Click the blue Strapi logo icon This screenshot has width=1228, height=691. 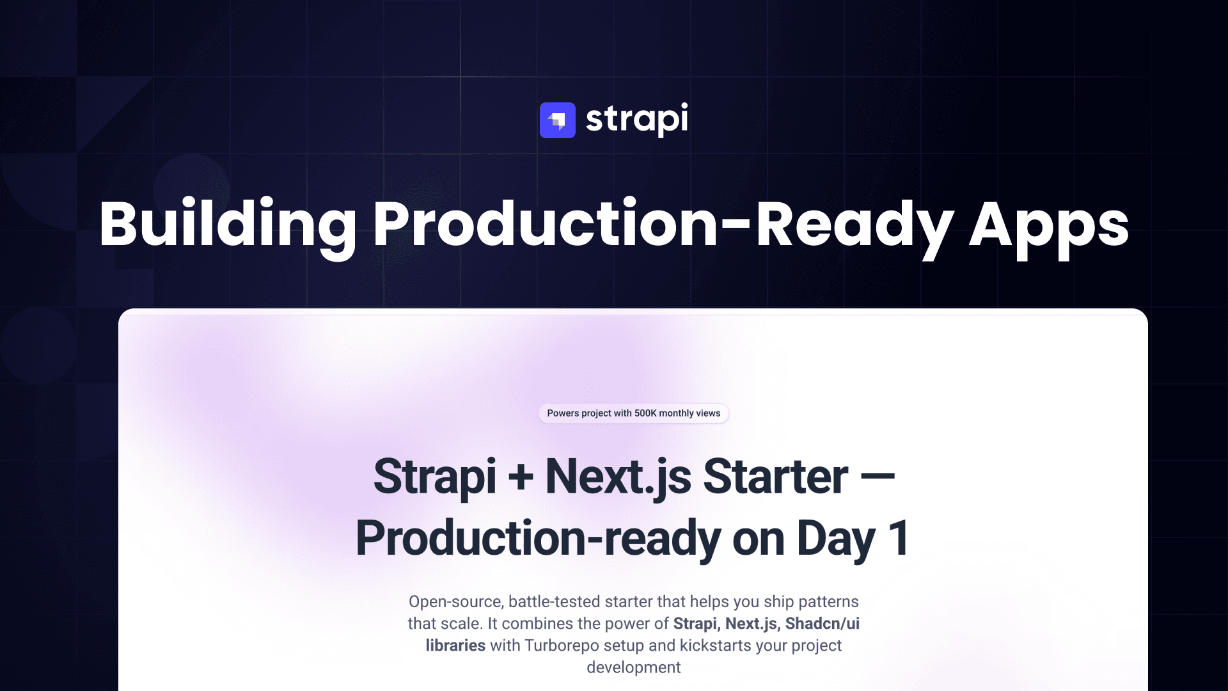(558, 120)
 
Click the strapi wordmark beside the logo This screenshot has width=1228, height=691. (637, 120)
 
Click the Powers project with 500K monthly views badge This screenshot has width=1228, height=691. (634, 413)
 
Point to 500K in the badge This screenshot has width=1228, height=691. (645, 413)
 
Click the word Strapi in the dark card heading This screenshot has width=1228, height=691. (435, 477)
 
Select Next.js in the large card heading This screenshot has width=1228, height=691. (618, 477)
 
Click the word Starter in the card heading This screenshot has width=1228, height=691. (775, 477)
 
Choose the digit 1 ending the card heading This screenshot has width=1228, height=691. (899, 538)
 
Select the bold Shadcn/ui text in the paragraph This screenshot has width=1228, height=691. (823, 624)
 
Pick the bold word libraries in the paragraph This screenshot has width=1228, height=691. (455, 646)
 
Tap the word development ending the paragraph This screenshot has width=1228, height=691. (634, 668)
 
